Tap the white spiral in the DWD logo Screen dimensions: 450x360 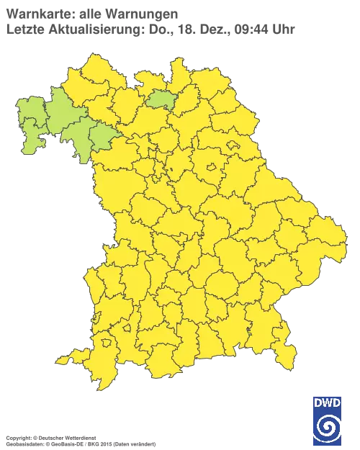point(327,426)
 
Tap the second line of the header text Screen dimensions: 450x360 point(148,30)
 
